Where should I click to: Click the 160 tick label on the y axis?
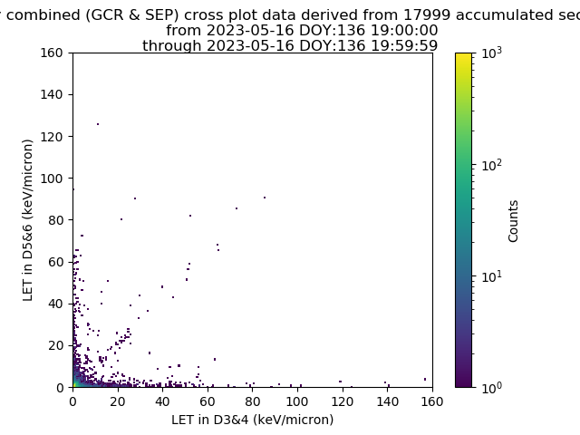coord(52,53)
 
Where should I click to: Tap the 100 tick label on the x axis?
coord(297,401)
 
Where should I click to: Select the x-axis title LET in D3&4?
coord(252,420)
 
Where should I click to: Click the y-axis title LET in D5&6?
coord(27,220)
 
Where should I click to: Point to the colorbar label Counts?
coord(513,221)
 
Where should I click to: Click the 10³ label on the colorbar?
coord(491,53)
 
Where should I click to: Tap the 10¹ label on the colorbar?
coord(491,276)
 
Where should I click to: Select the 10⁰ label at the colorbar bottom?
coord(491,388)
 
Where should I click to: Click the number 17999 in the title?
coord(427,15)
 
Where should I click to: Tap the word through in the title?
coord(172,46)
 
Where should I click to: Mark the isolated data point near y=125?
coord(98,124)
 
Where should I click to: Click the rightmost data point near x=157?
coord(425,379)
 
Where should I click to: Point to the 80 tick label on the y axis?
coord(55,220)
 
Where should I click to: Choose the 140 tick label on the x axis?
coord(387,401)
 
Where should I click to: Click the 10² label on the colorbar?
coord(491,165)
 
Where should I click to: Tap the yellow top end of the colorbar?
coord(463,54)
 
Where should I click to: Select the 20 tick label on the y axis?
coord(55,345)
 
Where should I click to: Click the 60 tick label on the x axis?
coord(208,401)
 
